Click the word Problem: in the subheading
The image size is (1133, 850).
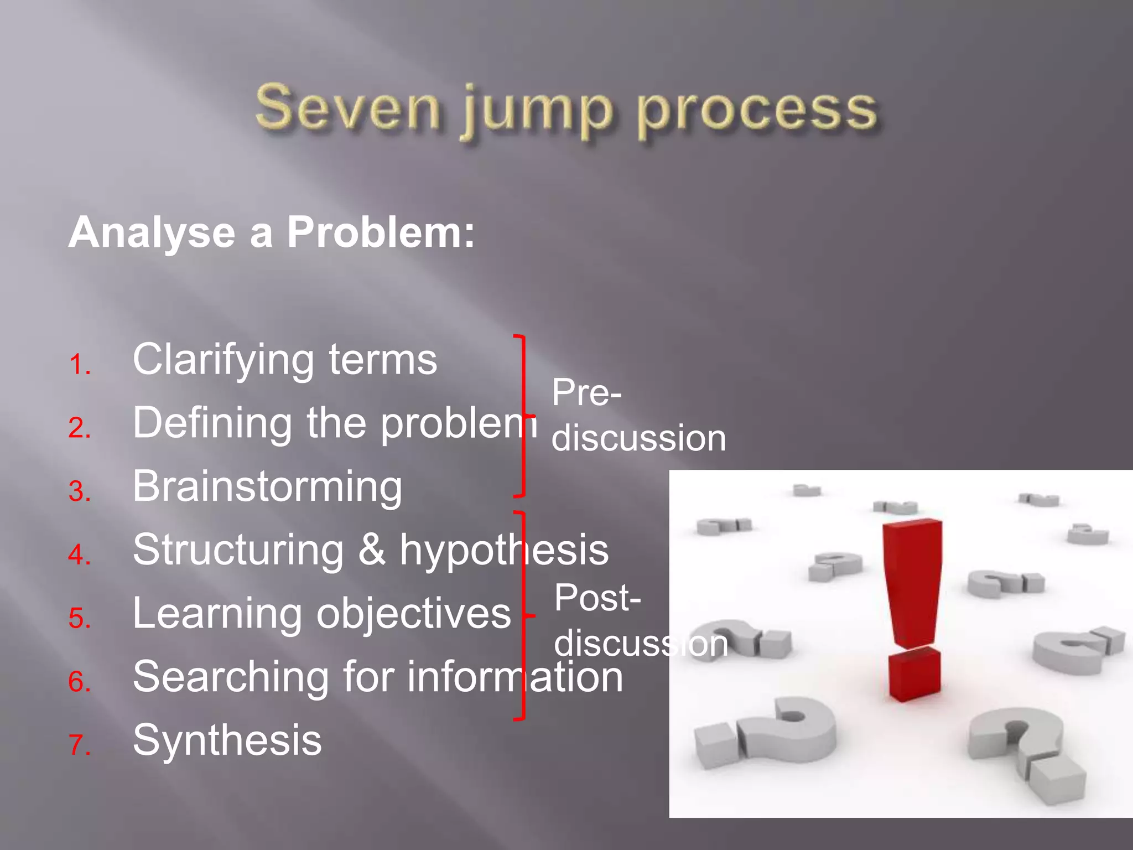pyautogui.click(x=381, y=232)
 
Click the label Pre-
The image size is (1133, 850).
pyautogui.click(x=586, y=393)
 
